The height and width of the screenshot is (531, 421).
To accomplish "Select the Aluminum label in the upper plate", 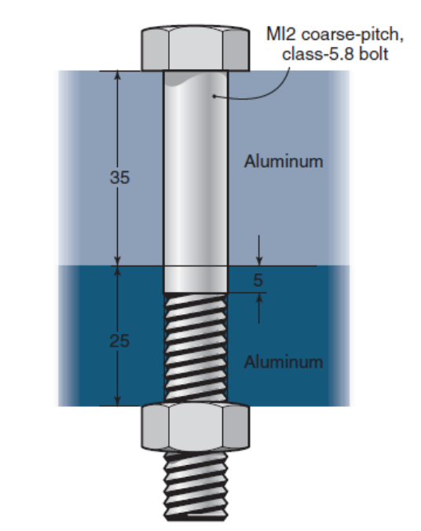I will pyautogui.click(x=284, y=162).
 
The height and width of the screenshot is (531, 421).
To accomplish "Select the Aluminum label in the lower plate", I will pyautogui.click(x=283, y=362).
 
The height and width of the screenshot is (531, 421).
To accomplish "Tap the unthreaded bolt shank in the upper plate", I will pyautogui.click(x=196, y=173).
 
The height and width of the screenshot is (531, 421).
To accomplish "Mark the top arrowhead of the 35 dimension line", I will pyautogui.click(x=117, y=77).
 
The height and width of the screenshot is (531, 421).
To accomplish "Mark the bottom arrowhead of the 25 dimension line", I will pyautogui.click(x=117, y=401).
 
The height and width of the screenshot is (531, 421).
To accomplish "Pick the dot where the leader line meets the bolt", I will pyautogui.click(x=214, y=96).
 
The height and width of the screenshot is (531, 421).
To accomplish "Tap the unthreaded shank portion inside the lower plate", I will pyautogui.click(x=196, y=280).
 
